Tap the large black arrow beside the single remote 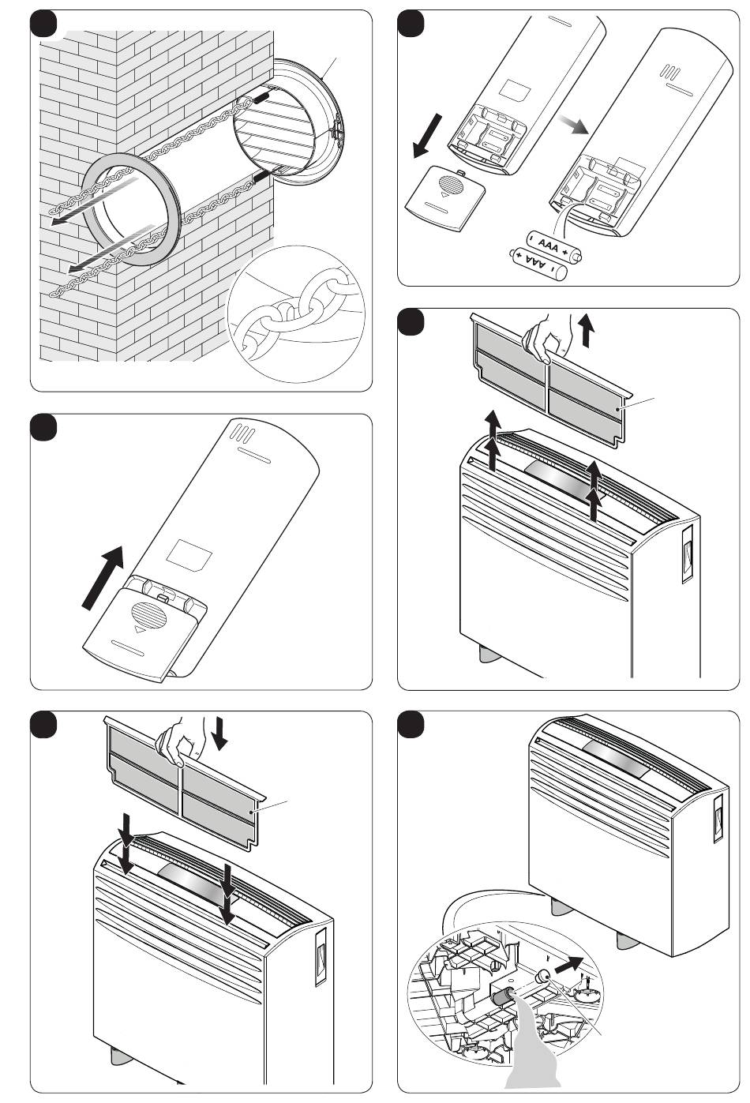click(x=105, y=576)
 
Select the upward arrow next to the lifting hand click(x=586, y=329)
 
